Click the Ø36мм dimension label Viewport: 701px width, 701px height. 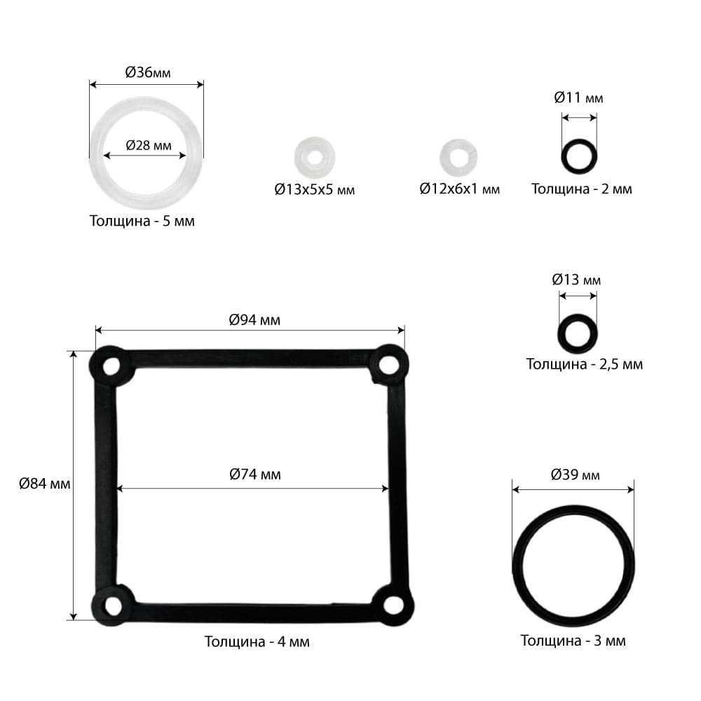pos(147,72)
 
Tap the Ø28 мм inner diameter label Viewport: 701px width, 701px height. pos(149,145)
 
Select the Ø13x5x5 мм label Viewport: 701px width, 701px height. pos(314,189)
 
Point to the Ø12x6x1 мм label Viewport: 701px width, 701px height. pos(459,189)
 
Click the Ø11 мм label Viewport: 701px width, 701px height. pos(578,97)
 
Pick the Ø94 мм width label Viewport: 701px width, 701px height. pos(254,320)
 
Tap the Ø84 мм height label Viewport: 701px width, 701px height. pos(45,483)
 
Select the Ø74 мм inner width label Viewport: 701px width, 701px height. pos(255,474)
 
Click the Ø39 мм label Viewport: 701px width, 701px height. pos(575,475)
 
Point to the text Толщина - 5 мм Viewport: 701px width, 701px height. pos(142,221)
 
